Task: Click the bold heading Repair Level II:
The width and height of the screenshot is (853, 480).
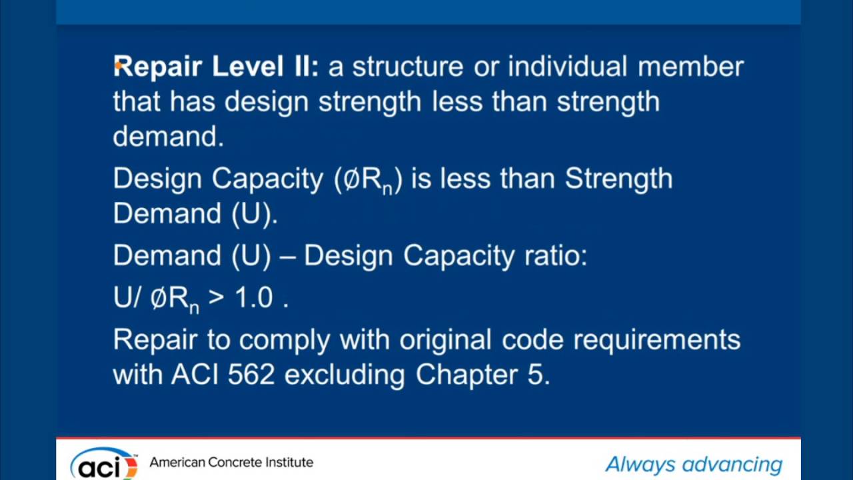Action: click(x=216, y=67)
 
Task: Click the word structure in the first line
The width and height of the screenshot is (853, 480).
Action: click(x=407, y=67)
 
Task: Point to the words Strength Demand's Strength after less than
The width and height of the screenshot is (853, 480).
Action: click(x=619, y=179)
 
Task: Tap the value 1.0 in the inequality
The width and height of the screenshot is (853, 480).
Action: click(x=253, y=299)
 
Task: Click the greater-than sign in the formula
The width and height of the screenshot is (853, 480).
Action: click(x=215, y=299)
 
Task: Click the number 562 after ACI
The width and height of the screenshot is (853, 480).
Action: click(x=251, y=375)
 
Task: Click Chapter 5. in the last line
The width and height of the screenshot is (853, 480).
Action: click(x=483, y=375)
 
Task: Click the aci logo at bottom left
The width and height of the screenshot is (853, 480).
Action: click(x=103, y=463)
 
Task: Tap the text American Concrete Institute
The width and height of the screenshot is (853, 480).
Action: click(x=231, y=462)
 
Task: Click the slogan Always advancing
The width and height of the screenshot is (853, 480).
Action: click(x=694, y=464)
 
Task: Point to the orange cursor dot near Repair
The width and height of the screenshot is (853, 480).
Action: click(x=117, y=64)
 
